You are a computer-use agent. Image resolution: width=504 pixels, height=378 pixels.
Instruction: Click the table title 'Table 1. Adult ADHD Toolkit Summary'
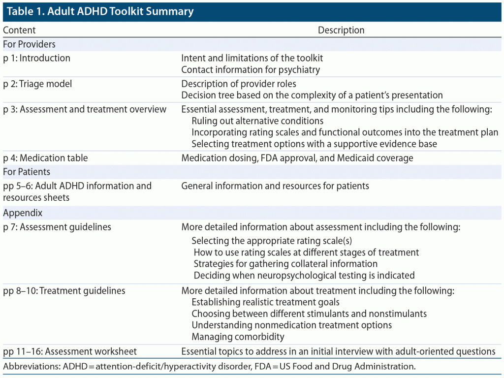pyautogui.click(x=100, y=11)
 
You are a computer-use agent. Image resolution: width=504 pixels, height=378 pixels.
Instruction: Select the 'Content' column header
pyautogui.click(x=19, y=30)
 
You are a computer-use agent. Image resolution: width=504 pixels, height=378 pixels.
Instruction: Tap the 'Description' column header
pyautogui.click(x=341, y=30)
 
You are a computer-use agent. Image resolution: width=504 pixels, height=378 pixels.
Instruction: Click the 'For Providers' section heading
pyautogui.click(x=29, y=44)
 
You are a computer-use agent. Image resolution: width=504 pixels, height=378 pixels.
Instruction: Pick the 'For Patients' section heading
pyautogui.click(x=27, y=172)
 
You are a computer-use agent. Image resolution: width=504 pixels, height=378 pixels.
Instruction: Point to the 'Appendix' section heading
pyautogui.click(x=23, y=213)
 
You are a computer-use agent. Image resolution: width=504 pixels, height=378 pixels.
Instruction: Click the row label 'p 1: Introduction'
pyautogui.click(x=36, y=58)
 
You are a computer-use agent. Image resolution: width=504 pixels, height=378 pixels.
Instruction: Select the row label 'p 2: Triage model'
pyautogui.click(x=37, y=84)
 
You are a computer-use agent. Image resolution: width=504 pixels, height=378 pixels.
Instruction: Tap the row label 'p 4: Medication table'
pyautogui.click(x=45, y=158)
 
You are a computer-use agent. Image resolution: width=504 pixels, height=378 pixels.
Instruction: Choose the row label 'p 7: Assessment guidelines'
pyautogui.click(x=57, y=227)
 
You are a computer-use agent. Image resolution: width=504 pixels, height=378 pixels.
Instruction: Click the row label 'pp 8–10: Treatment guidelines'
pyautogui.click(x=64, y=290)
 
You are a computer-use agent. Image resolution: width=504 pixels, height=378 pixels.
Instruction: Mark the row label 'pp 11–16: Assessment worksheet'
pyautogui.click(x=70, y=351)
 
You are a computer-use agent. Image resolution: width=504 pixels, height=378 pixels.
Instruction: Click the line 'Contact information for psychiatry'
pyautogui.click(x=251, y=70)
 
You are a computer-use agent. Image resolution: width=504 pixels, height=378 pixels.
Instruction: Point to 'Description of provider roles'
pyautogui.click(x=239, y=84)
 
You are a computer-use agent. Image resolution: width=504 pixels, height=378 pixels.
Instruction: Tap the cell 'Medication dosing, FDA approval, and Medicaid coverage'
pyautogui.click(x=297, y=158)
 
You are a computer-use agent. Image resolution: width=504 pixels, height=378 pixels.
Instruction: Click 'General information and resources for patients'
pyautogui.click(x=275, y=186)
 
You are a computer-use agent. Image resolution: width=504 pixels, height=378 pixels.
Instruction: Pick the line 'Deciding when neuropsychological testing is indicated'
pyautogui.click(x=304, y=275)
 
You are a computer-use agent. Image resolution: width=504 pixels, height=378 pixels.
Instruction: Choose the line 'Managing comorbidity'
pyautogui.click(x=238, y=337)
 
